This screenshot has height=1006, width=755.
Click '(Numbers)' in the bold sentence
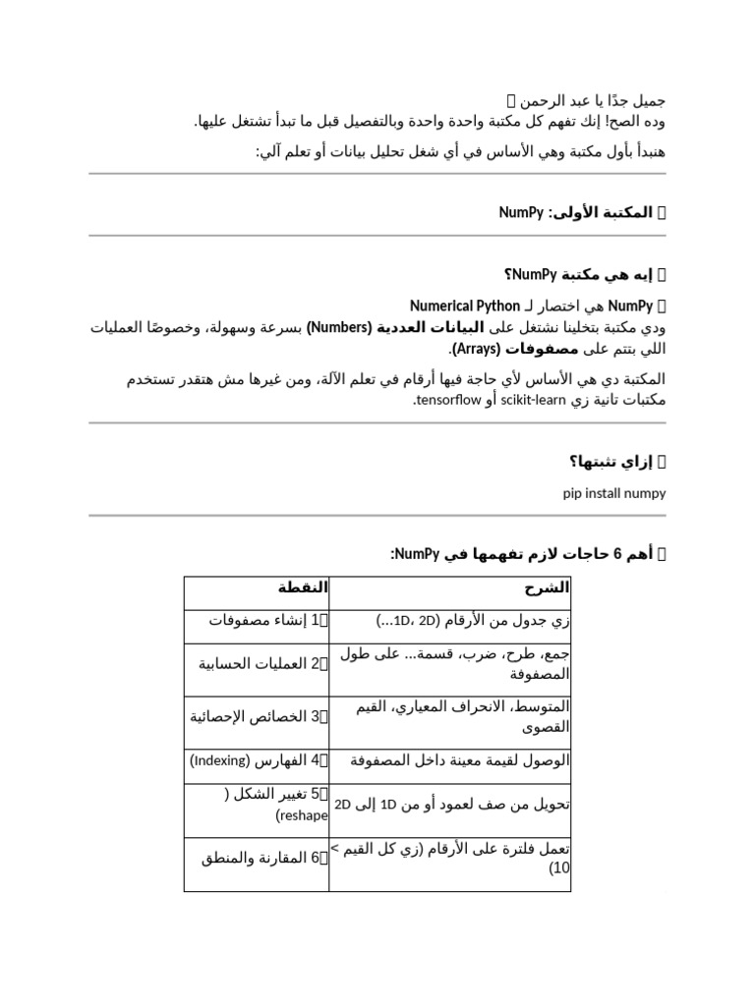pos(340,327)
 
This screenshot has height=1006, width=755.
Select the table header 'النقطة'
pos(303,587)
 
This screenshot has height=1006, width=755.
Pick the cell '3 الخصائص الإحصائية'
pos(259,716)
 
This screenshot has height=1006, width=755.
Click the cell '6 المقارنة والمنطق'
pos(264,858)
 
